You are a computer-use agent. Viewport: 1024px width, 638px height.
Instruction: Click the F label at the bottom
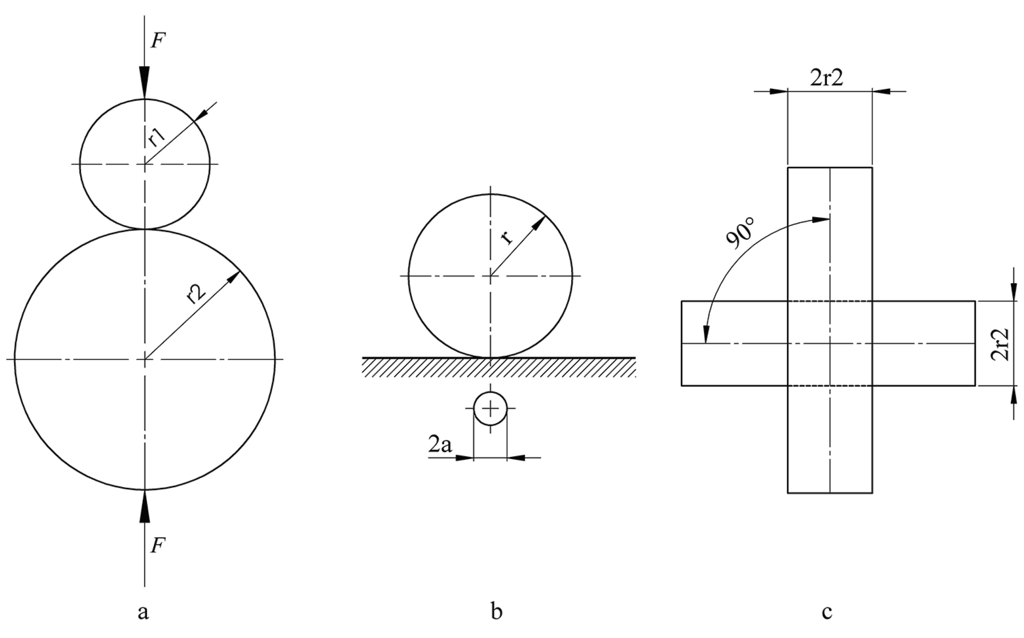[x=158, y=546]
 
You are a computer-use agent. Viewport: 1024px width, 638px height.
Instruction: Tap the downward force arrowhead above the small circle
[x=145, y=82]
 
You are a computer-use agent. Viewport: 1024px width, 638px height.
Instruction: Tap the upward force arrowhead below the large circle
[x=145, y=506]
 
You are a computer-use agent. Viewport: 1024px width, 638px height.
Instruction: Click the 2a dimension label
[x=440, y=444]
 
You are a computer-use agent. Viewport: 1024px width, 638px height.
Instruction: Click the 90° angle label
[x=740, y=234]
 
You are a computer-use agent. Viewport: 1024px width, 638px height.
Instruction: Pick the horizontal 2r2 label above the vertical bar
[x=827, y=78]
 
